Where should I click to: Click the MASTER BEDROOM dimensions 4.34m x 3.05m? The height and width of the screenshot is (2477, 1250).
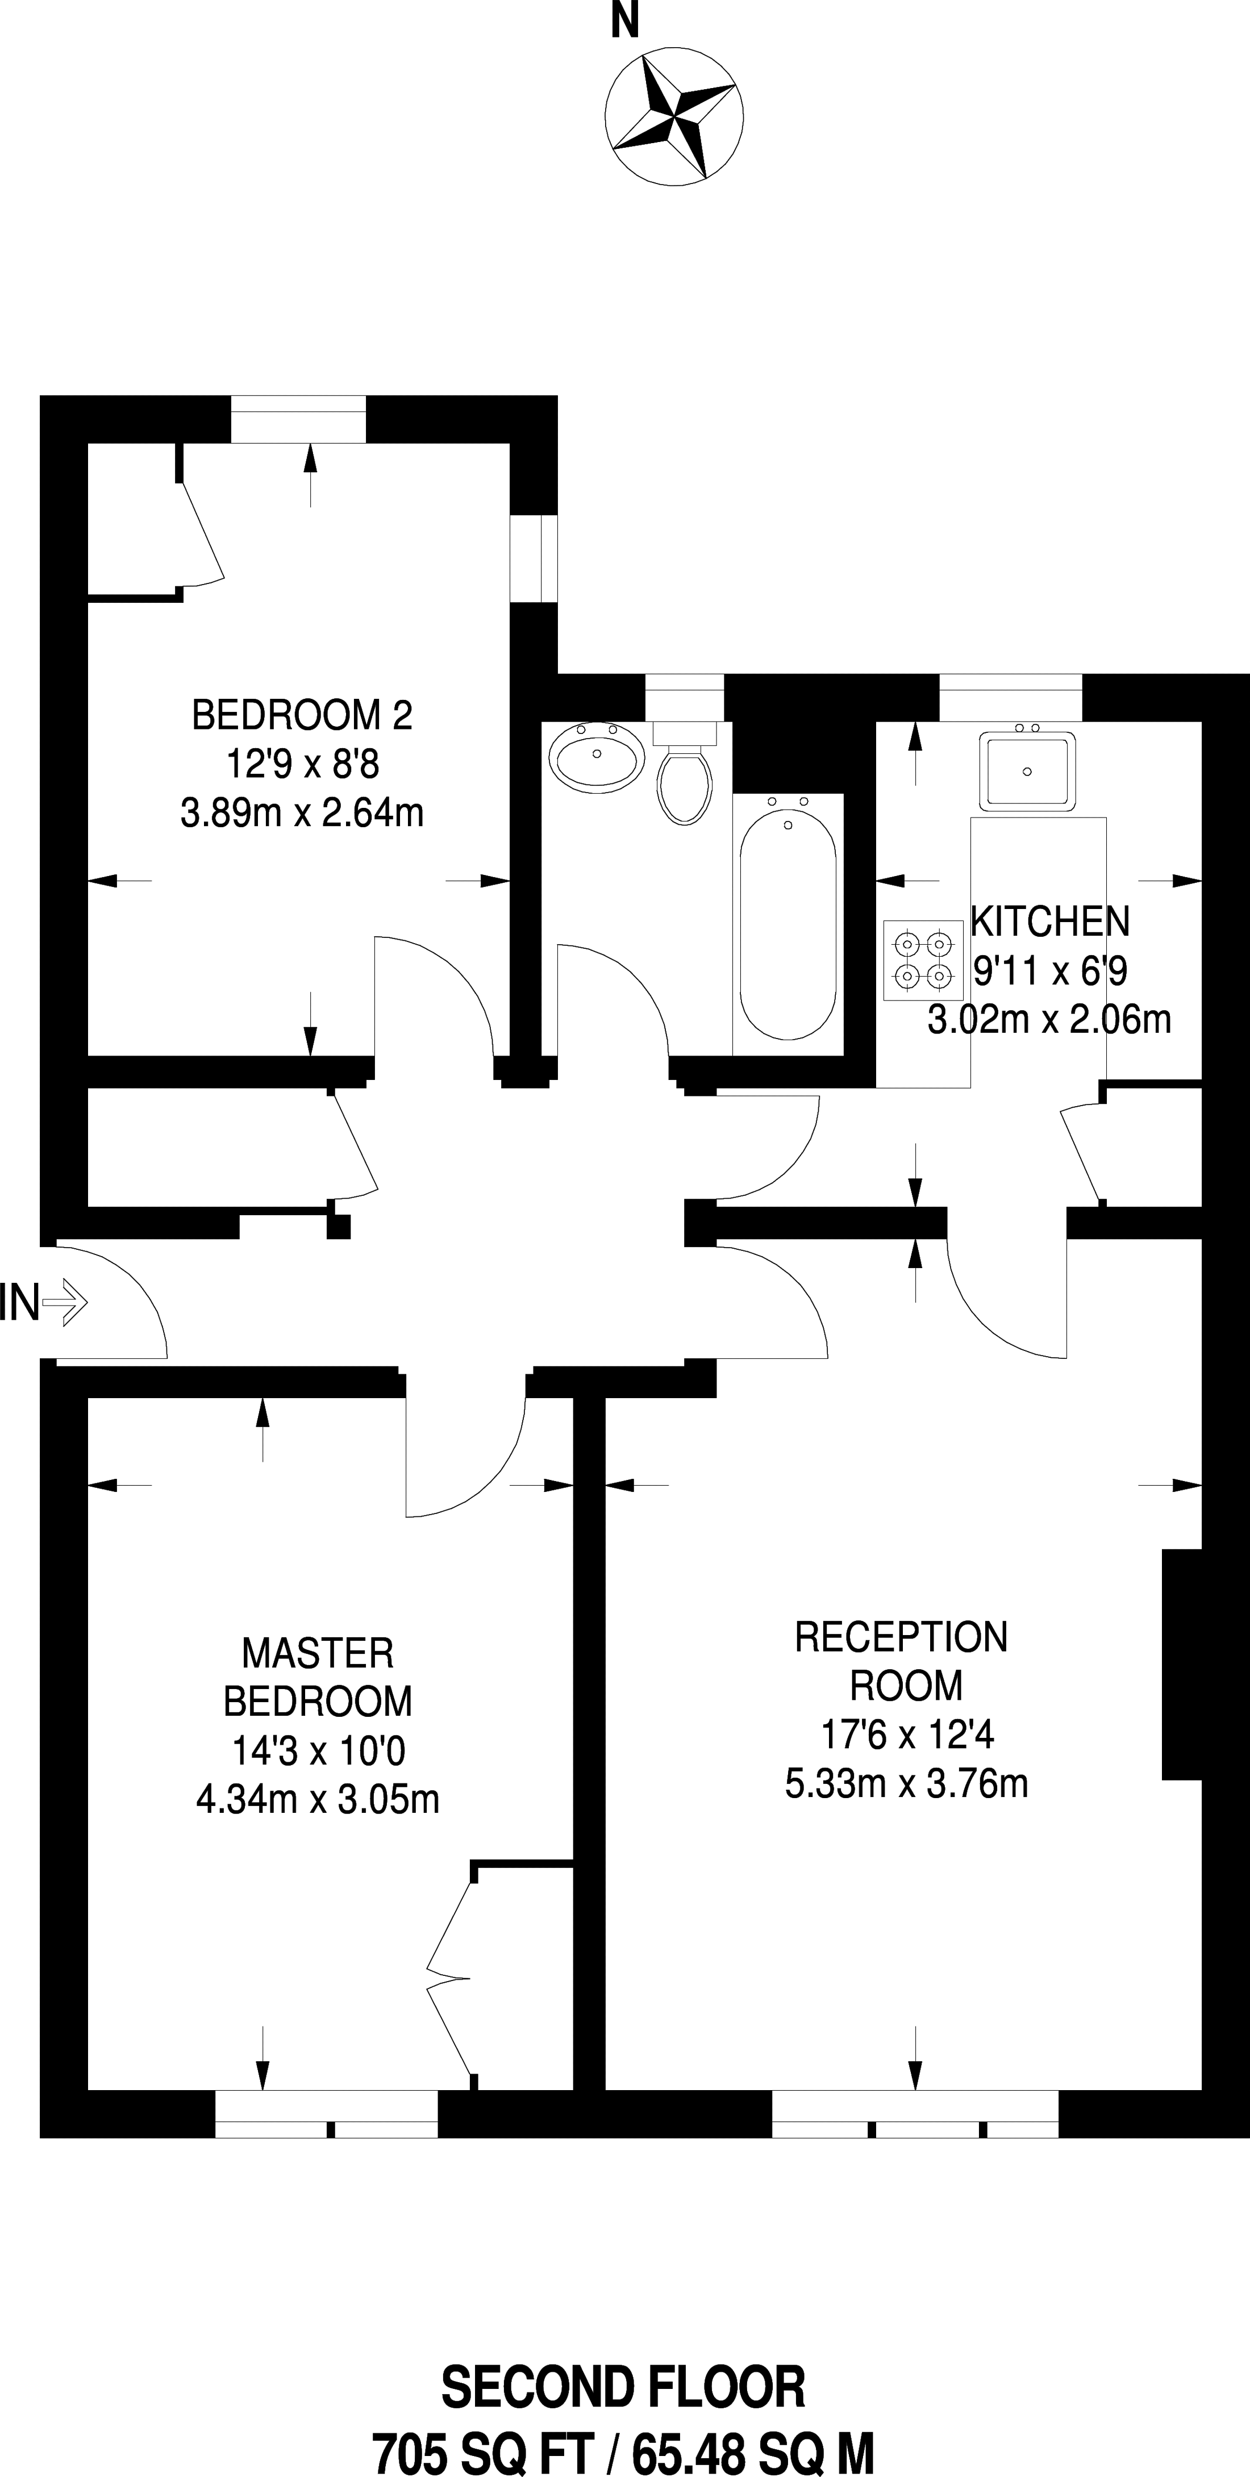coord(317,1798)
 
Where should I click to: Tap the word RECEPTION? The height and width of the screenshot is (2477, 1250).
coord(901,1637)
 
